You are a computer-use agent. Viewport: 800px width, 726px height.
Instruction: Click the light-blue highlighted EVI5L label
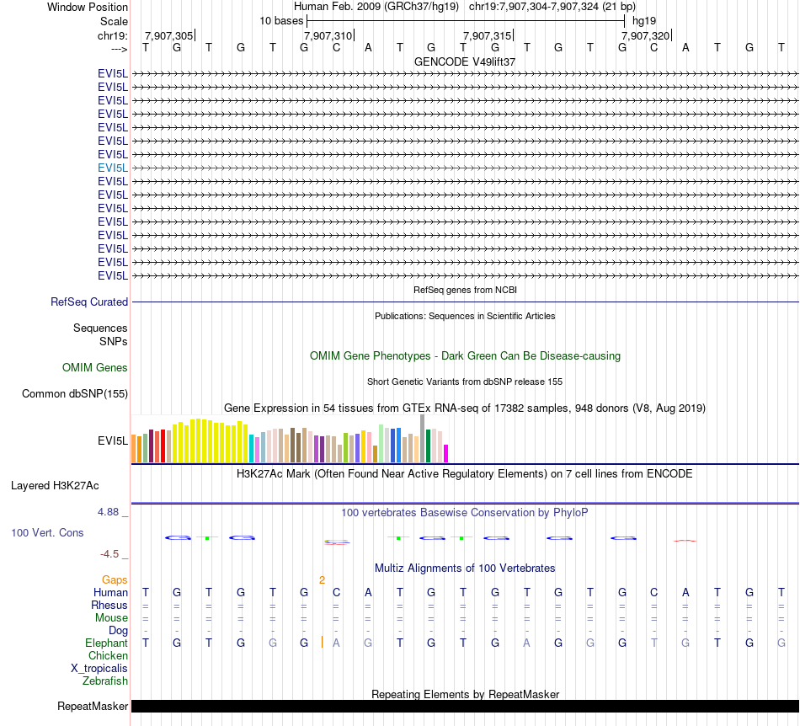(x=113, y=168)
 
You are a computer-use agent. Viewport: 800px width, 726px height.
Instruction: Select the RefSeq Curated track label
(x=89, y=302)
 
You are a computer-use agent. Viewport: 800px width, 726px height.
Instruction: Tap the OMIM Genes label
(x=95, y=367)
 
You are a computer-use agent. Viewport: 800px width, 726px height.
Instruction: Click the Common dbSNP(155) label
(x=75, y=393)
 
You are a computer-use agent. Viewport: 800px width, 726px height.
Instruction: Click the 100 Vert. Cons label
(x=47, y=533)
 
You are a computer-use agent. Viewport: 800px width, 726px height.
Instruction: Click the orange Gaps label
(x=115, y=579)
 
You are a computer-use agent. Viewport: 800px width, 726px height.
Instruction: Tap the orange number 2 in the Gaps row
(x=322, y=579)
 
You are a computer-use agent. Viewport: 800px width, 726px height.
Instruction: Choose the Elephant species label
(x=107, y=643)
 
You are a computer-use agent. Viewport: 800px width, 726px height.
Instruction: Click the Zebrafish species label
(x=105, y=681)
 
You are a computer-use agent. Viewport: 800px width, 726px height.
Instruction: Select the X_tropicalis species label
(x=99, y=668)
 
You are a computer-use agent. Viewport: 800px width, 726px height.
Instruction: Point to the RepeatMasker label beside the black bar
(x=93, y=706)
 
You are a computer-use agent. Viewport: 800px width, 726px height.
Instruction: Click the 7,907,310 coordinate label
(x=328, y=35)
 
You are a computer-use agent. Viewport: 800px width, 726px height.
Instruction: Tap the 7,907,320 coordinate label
(x=646, y=35)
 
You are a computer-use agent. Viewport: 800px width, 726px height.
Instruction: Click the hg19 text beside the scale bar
(x=644, y=19)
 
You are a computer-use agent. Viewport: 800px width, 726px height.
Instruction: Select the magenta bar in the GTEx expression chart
(x=446, y=453)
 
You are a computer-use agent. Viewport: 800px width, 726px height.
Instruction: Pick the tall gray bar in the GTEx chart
(x=423, y=438)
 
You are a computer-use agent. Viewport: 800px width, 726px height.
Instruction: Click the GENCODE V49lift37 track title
(x=465, y=61)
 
